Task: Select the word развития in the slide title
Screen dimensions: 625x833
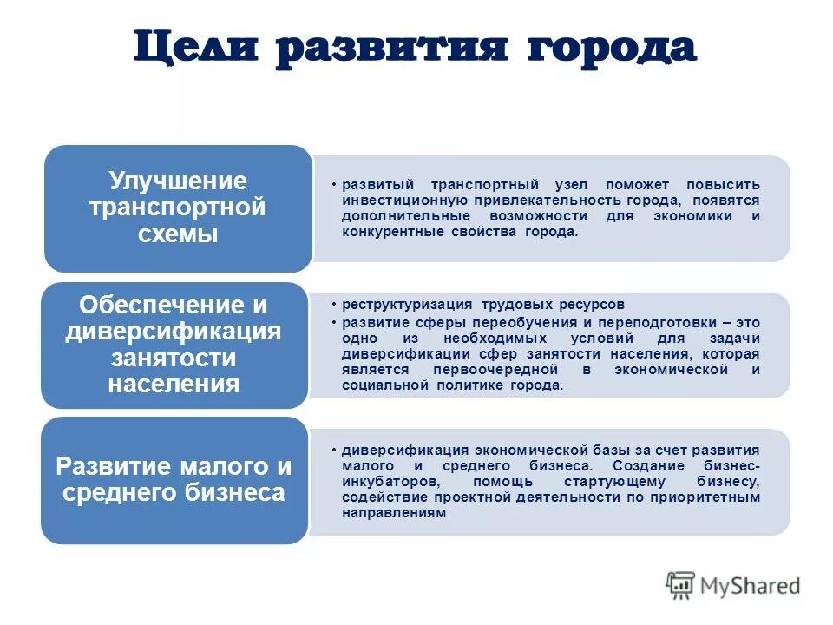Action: (390, 48)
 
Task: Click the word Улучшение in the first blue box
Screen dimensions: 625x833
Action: (178, 181)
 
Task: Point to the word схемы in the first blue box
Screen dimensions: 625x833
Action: (178, 234)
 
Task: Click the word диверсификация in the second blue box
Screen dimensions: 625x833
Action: (174, 332)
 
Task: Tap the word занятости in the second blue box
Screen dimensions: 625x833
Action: (174, 358)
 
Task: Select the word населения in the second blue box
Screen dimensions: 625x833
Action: (174, 384)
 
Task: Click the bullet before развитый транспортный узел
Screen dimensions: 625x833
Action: (335, 186)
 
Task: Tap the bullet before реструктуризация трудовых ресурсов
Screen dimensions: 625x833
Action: (335, 306)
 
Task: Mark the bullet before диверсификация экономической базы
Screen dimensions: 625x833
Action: (335, 451)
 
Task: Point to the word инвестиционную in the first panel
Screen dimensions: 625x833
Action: (393, 201)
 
